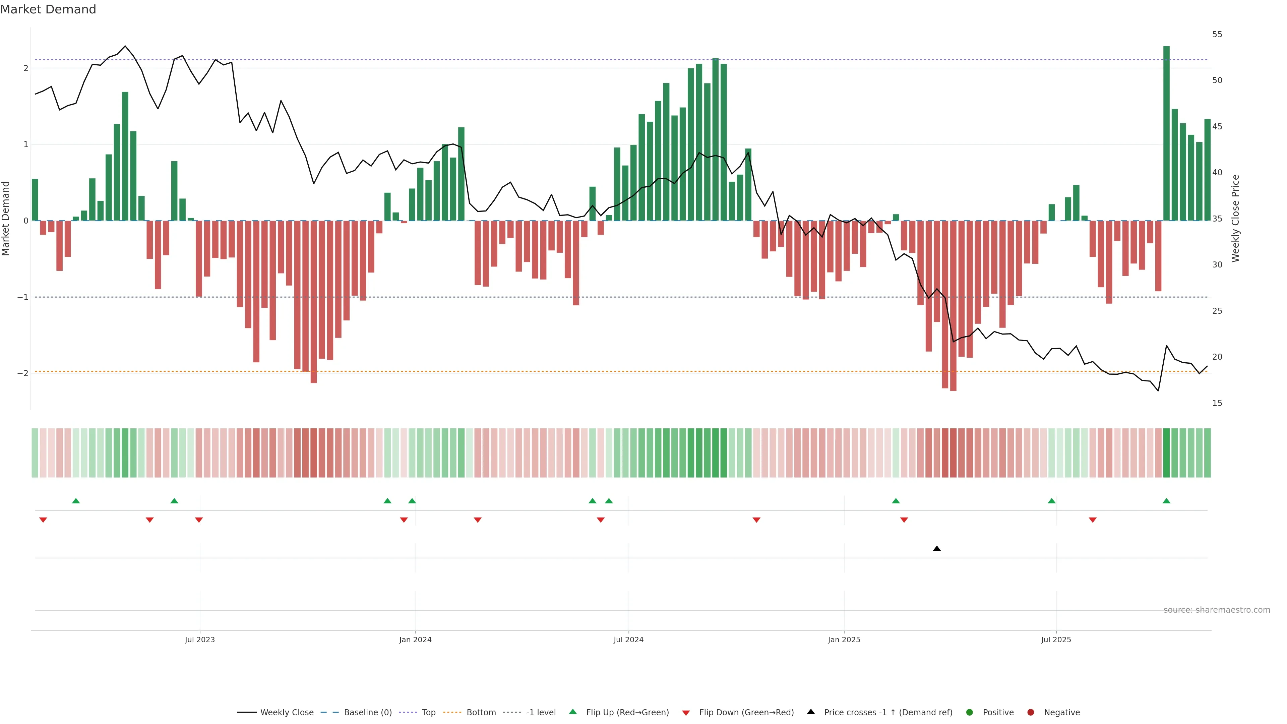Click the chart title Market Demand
pyautogui.click(x=48, y=9)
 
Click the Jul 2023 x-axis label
pyautogui.click(x=199, y=640)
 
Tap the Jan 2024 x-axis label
pyautogui.click(x=415, y=640)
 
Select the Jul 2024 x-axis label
pyautogui.click(x=628, y=640)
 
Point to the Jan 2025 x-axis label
pyautogui.click(x=844, y=640)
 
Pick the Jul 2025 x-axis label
pyautogui.click(x=1056, y=640)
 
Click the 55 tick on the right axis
pyautogui.click(x=1217, y=35)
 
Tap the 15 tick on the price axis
pyautogui.click(x=1217, y=403)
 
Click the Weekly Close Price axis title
pyautogui.click(x=1235, y=218)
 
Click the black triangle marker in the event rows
pyautogui.click(x=937, y=549)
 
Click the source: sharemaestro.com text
pyautogui.click(x=1217, y=610)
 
